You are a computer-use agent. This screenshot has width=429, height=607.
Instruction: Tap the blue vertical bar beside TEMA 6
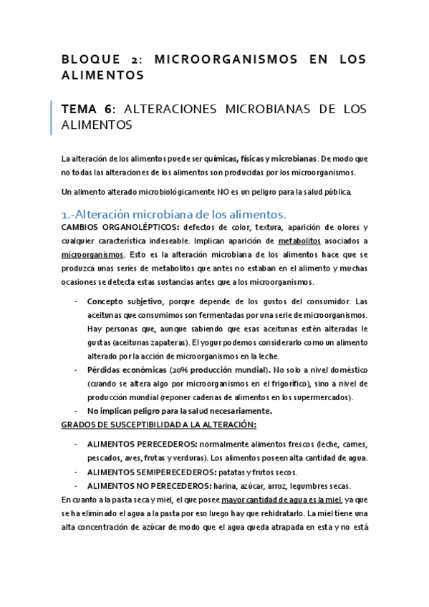[x=52, y=117]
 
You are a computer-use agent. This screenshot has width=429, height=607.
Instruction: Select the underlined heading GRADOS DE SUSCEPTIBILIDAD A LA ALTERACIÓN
[x=158, y=424]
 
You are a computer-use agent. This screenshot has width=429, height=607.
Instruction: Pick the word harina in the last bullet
[x=214, y=485]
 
